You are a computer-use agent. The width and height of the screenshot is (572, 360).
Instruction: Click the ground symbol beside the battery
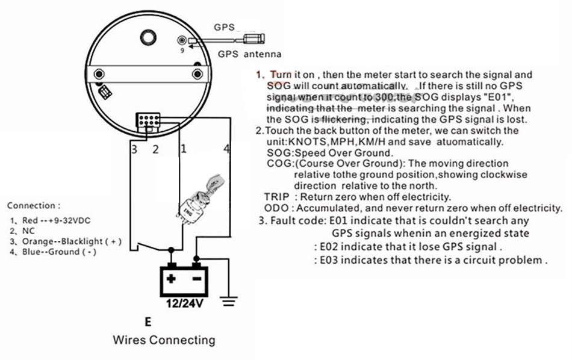228,301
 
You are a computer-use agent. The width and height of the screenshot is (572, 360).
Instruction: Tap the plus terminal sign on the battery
172,279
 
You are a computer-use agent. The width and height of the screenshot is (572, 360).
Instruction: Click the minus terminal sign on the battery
196,279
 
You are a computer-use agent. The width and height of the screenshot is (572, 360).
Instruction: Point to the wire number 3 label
135,149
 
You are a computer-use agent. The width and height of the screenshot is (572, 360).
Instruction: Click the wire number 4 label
226,149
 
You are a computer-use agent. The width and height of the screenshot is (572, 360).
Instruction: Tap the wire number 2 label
155,149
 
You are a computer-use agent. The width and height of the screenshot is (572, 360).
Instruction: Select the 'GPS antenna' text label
245,54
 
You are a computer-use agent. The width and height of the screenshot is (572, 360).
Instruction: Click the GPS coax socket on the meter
182,40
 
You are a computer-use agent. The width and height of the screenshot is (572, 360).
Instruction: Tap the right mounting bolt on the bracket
197,74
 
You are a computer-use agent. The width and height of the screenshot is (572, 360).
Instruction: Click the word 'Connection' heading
33,206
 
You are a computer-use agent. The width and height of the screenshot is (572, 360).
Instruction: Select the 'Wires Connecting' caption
164,340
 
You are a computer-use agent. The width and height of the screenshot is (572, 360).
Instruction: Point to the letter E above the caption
148,321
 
